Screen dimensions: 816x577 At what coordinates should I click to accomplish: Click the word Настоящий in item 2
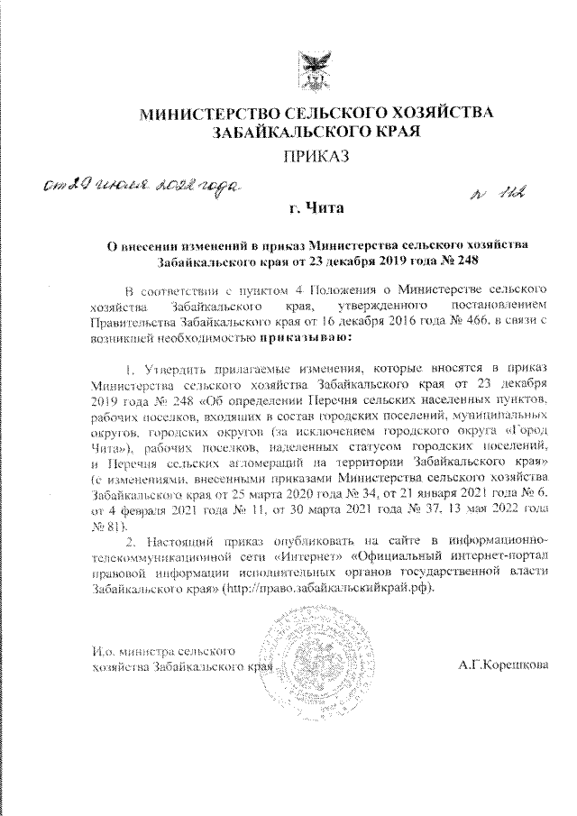[181, 540]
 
